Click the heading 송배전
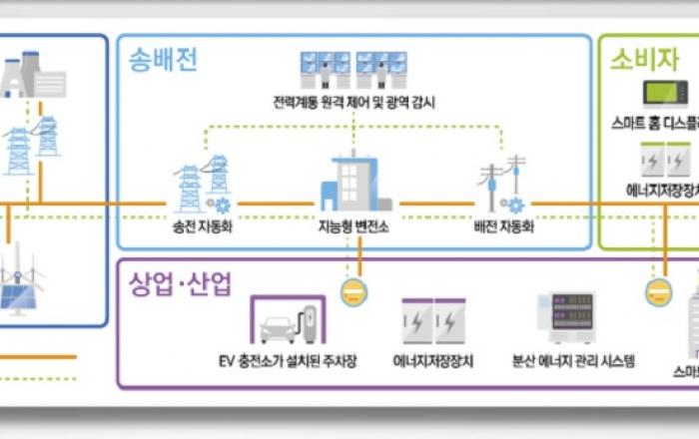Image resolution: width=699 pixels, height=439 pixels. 165,60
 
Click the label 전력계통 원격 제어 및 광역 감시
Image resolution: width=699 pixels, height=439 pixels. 353,102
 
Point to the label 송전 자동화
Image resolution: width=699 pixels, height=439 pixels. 202,226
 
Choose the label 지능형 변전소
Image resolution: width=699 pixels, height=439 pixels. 353,226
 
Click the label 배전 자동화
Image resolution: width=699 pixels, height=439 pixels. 503,226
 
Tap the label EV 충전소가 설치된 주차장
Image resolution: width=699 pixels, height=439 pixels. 286,361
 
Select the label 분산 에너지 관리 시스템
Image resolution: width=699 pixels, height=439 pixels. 572,361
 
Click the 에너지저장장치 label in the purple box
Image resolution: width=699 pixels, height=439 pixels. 433,361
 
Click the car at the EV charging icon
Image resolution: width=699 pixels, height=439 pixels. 279,326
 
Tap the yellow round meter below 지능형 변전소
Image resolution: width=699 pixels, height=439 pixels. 353,291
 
